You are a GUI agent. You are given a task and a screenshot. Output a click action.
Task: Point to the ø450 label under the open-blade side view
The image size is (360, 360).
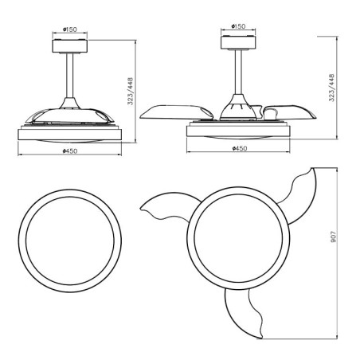(238, 148)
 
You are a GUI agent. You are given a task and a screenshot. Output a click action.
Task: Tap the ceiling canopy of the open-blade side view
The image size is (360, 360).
(238, 42)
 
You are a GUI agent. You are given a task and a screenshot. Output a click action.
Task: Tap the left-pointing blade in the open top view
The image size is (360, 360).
(163, 209)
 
